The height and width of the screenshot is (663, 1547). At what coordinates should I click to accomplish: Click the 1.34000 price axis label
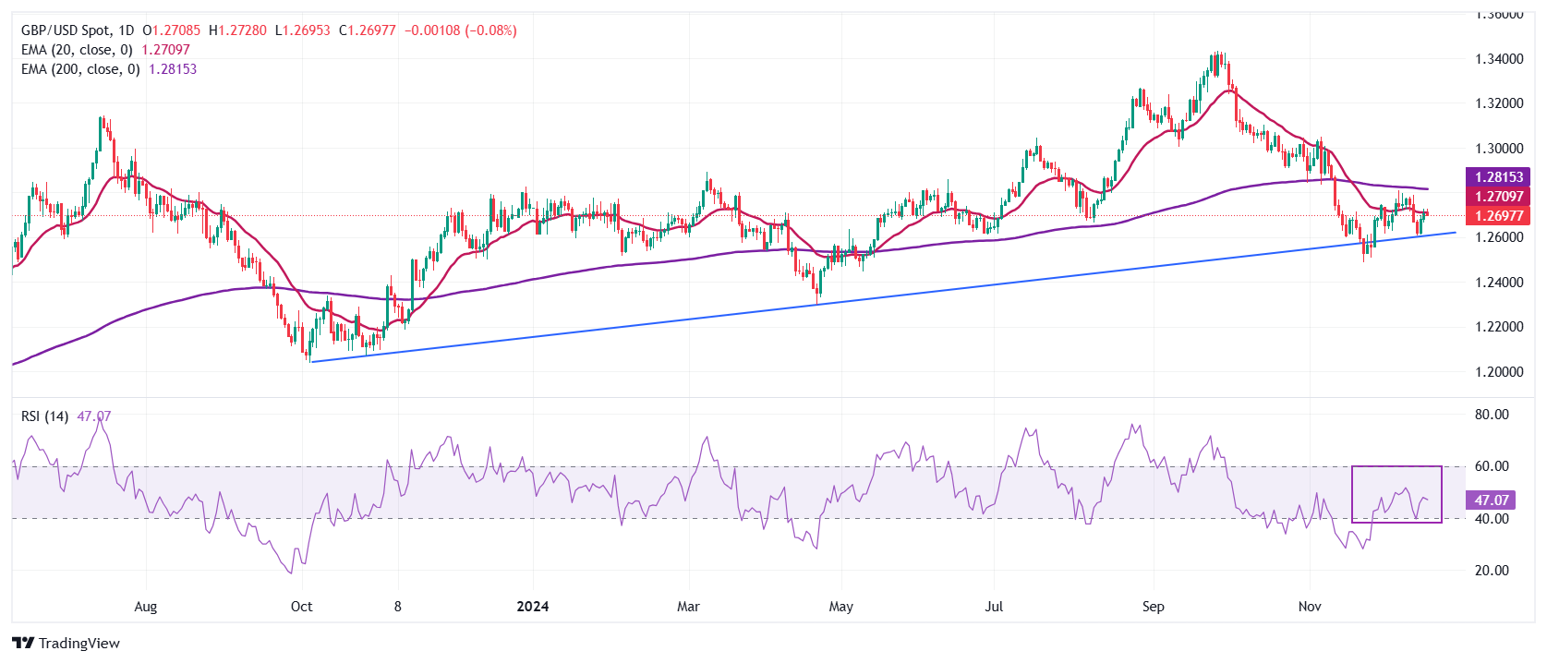(1499, 59)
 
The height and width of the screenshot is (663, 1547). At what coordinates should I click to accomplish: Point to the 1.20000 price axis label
(1499, 371)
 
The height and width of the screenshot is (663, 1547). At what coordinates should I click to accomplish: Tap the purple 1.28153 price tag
(1498, 177)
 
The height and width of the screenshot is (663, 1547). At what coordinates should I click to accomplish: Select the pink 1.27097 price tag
(1498, 197)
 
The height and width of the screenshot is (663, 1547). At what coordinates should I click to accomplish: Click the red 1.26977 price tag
(1498, 216)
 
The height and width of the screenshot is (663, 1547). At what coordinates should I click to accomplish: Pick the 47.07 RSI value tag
(1491, 500)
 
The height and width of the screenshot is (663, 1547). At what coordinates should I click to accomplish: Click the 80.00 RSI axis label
(1492, 415)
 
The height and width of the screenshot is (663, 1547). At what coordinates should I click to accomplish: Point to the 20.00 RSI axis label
(1492, 571)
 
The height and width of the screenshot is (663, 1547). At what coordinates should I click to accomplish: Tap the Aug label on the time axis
(146, 607)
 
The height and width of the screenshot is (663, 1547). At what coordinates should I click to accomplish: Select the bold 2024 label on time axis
(533, 607)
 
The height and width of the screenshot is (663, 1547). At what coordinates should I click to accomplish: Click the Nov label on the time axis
(1310, 607)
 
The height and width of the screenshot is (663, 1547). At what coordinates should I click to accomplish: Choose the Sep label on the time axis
(1154, 607)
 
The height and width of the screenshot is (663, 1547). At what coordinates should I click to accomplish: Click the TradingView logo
(66, 644)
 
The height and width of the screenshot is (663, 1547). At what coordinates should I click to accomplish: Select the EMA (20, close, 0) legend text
(77, 50)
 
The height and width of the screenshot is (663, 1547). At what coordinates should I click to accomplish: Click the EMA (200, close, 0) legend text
(80, 69)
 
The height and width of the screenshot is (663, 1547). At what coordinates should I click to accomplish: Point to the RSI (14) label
(44, 416)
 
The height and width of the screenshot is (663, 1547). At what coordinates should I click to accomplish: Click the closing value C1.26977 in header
(367, 30)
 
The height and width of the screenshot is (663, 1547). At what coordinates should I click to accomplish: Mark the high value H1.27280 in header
(237, 30)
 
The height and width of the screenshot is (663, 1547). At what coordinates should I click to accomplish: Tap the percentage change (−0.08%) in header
(490, 30)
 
